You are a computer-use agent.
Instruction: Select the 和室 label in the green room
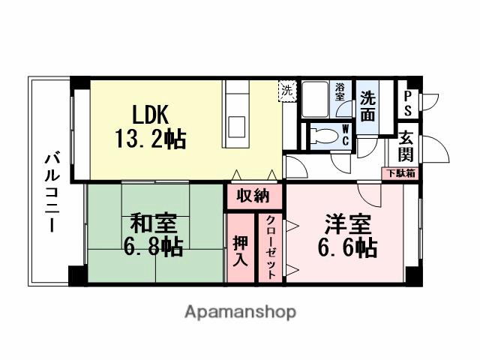[154, 223]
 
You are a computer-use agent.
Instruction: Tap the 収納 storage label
[253, 197]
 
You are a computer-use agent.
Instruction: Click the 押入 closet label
[240, 251]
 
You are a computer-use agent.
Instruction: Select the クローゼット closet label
[270, 248]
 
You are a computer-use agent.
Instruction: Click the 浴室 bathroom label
[340, 92]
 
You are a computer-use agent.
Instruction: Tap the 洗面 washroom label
[368, 105]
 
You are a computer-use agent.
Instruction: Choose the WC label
[345, 135]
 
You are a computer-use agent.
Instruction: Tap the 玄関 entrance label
[406, 146]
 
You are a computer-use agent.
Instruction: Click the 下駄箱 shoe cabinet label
[401, 173]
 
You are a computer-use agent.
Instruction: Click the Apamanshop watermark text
[239, 312]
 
